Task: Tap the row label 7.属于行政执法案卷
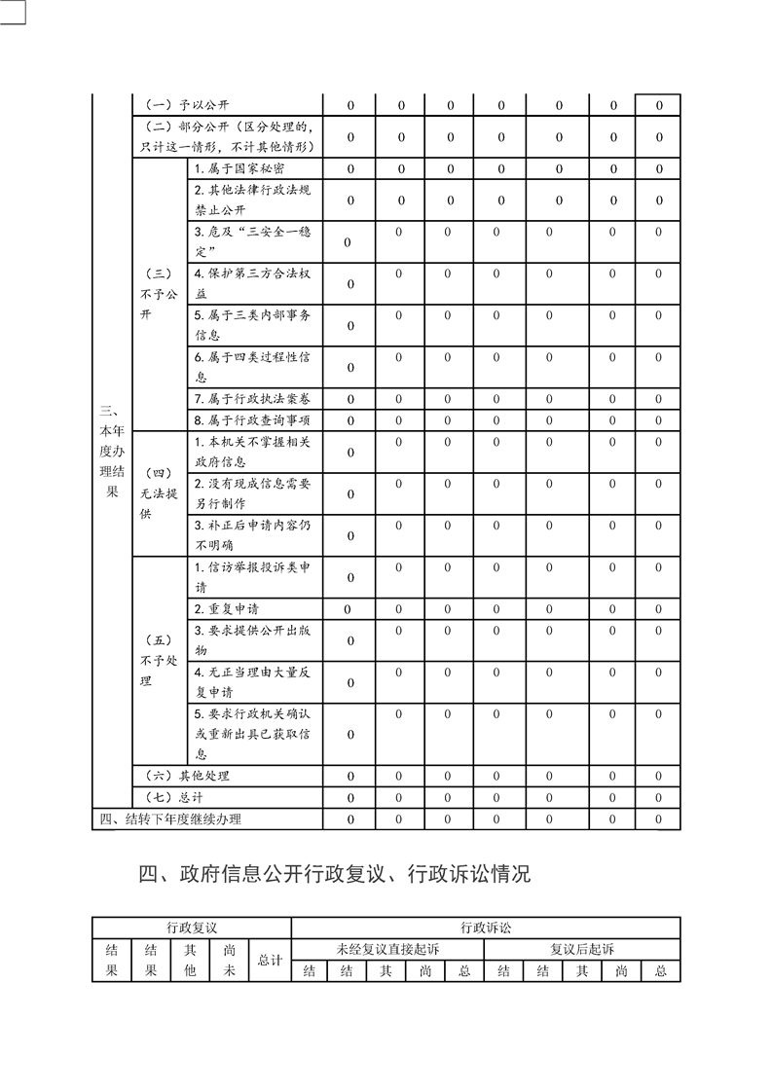[251, 399]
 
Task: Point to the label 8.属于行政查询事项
[251, 419]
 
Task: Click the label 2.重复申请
[226, 609]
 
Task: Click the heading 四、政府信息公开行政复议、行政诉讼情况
[335, 873]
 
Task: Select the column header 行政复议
[191, 928]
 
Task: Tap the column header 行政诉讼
[485, 928]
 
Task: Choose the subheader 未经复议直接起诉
[387, 949]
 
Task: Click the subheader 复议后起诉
[581, 949]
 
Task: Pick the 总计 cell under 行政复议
[270, 960]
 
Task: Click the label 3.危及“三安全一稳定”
[251, 242]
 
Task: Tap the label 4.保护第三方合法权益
[251, 284]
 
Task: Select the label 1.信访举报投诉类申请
[251, 577]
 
